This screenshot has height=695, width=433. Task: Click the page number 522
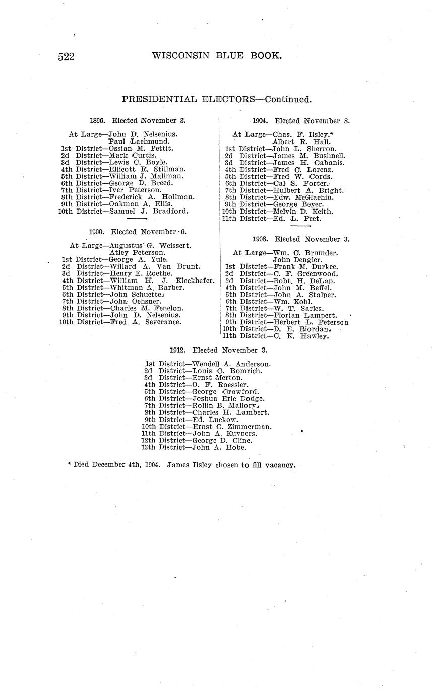point(67,57)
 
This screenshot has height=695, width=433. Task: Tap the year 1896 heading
point(97,121)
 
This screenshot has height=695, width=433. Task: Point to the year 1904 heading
point(260,121)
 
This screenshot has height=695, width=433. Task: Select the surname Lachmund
point(150,142)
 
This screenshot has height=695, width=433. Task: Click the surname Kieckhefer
point(195,280)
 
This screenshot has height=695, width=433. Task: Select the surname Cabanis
point(329,163)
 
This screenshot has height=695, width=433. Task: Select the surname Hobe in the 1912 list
point(236,447)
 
